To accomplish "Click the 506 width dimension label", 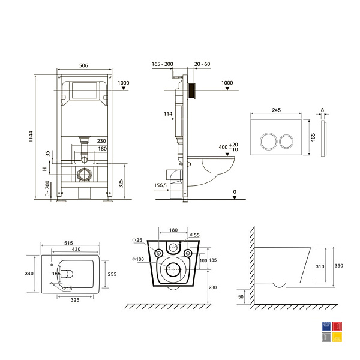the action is pyautogui.click(x=83, y=65).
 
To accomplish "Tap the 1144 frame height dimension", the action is pyautogui.click(x=31, y=137).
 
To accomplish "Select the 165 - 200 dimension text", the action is pyautogui.click(x=163, y=64).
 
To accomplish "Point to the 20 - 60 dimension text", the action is pyautogui.click(x=202, y=64).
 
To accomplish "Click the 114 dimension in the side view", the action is pyautogui.click(x=168, y=114).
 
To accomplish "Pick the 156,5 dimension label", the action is pyautogui.click(x=160, y=185).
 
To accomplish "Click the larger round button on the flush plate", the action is pyautogui.click(x=269, y=141).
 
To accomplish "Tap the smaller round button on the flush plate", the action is pyautogui.click(x=286, y=141).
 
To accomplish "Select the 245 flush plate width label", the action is pyautogui.click(x=276, y=110).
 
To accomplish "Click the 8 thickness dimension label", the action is pyautogui.click(x=322, y=110).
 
